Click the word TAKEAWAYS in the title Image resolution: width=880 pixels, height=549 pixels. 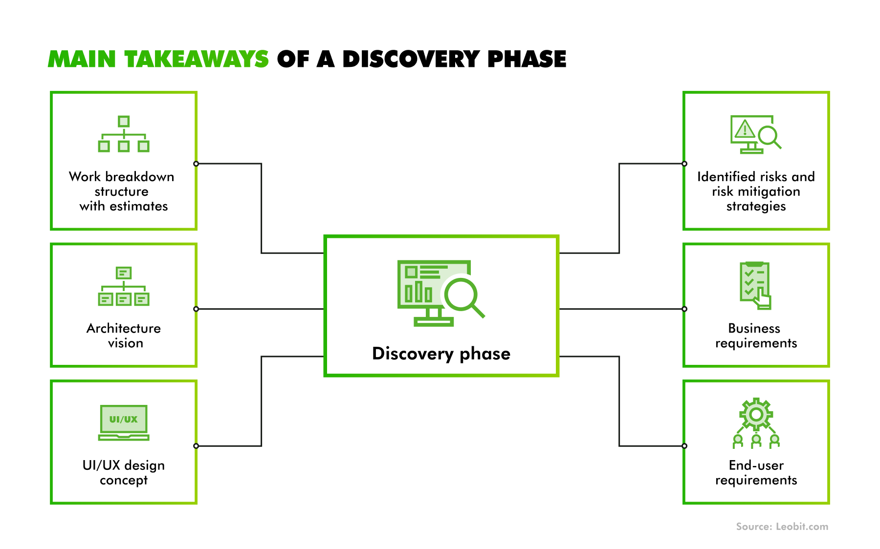pos(197,59)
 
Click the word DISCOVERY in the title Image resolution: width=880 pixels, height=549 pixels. pos(411,59)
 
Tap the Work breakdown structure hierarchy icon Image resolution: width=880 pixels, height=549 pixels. pos(124,134)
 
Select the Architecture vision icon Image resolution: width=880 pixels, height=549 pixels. pos(124,286)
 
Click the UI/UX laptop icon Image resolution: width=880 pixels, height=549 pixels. pos(124,422)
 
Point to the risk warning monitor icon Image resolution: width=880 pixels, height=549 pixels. pos(756,134)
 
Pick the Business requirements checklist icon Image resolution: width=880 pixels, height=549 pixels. pos(755,286)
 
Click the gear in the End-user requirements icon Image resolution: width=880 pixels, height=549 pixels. pos(756,414)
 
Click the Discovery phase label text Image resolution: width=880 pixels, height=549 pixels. pos(441,354)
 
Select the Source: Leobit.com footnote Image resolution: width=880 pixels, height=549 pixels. pos(782,527)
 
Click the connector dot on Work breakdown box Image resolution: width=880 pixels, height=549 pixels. pos(196,164)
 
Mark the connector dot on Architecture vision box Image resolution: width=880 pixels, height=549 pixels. pos(196,309)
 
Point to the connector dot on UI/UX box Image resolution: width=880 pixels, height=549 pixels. pos(196,446)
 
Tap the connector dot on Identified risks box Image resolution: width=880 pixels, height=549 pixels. pos(684,164)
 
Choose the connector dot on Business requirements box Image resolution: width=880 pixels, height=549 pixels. pos(684,309)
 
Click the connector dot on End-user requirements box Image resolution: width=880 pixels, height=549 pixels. pos(684,446)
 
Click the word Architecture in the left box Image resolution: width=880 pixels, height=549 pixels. pos(124,328)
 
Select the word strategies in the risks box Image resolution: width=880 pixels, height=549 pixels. pos(756,207)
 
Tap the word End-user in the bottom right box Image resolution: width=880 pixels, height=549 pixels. pos(756,465)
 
